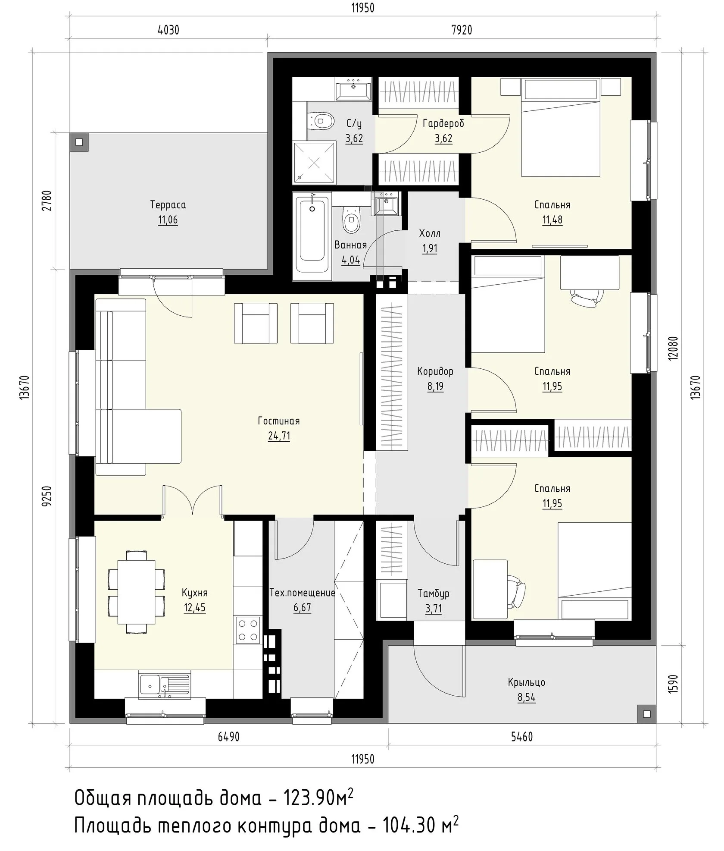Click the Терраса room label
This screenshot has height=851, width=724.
click(168, 204)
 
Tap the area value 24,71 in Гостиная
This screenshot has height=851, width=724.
click(279, 436)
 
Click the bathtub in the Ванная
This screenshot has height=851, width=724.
click(312, 233)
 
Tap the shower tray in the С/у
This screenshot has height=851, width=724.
click(315, 163)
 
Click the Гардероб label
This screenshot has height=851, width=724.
click(443, 124)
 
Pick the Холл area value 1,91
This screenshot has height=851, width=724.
click(430, 249)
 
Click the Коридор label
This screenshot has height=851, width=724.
click(435, 371)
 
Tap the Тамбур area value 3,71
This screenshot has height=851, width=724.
click(434, 609)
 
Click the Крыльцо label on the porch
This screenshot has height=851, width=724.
click(527, 682)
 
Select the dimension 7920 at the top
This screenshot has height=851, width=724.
click(462, 30)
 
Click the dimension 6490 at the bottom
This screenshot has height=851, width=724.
click(228, 737)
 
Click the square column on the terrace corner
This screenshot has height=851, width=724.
click(79, 142)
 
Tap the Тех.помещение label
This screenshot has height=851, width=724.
click(302, 593)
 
